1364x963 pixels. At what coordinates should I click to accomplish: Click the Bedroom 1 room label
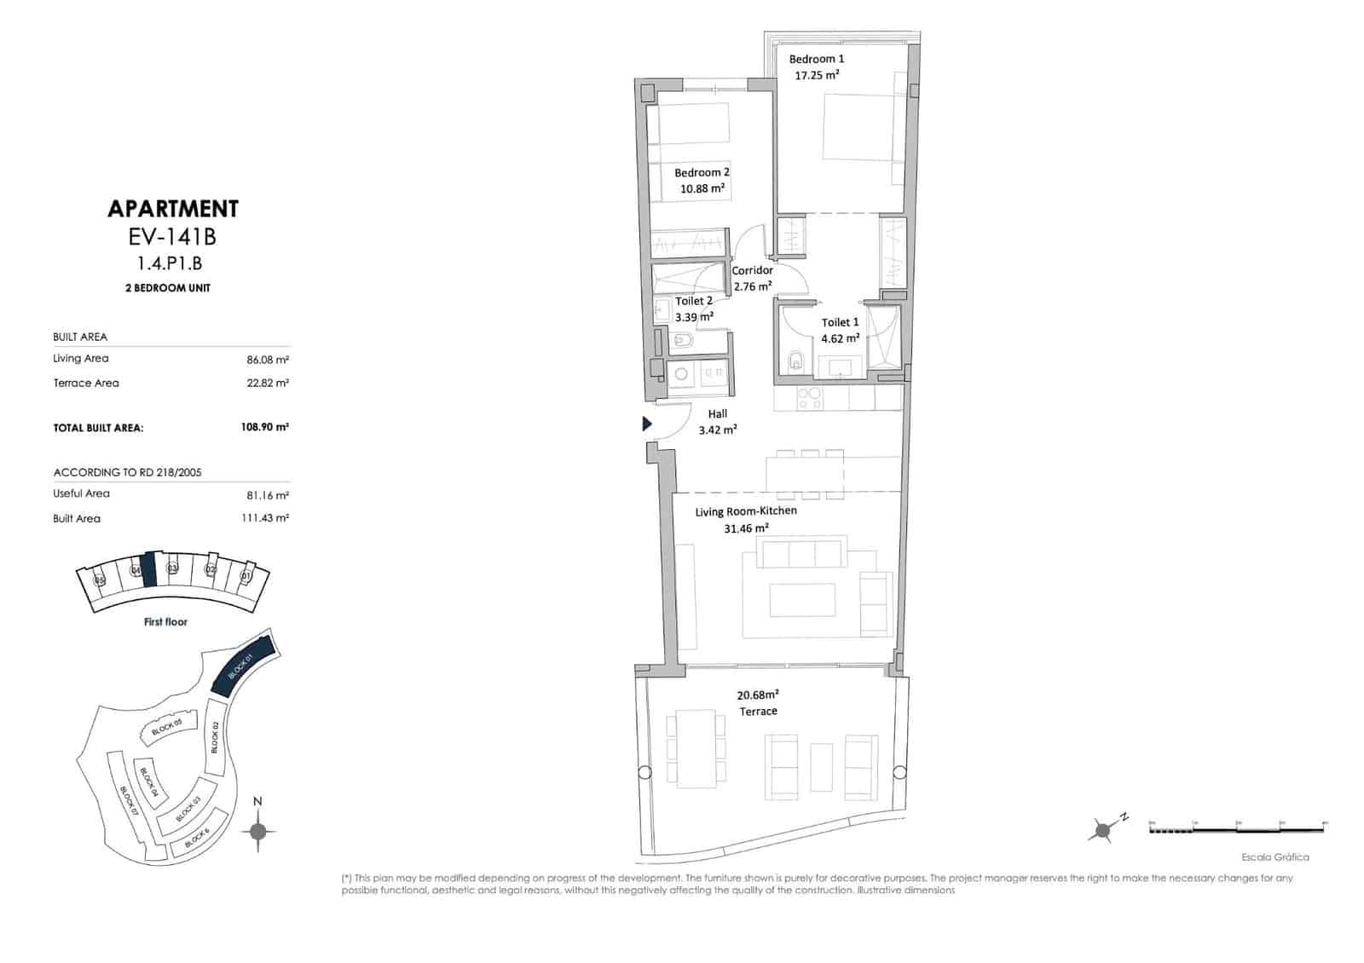[x=816, y=59]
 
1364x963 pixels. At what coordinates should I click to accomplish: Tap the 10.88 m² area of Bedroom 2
[x=702, y=188]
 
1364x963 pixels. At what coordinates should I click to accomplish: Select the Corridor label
[x=752, y=270]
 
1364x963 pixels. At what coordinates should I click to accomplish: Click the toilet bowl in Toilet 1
[x=795, y=362]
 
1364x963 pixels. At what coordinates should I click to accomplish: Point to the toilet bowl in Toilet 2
[x=683, y=343]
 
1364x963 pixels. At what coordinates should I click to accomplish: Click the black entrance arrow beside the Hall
[x=647, y=424]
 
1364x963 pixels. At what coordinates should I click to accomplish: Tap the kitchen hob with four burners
[x=808, y=398]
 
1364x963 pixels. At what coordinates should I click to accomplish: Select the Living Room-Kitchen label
[x=746, y=511]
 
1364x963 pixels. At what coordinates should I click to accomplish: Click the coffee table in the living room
[x=802, y=599]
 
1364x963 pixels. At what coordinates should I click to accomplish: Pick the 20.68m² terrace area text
[x=758, y=695]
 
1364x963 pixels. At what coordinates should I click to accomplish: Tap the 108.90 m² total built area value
[x=264, y=427]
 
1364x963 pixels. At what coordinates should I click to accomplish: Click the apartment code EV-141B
[x=173, y=236]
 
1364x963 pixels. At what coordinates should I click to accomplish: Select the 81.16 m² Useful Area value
[x=267, y=494]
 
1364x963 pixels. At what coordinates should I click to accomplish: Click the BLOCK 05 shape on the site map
[x=167, y=728]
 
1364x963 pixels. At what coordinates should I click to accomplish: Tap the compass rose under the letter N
[x=258, y=832]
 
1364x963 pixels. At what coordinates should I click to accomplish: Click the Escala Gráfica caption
[x=1274, y=857]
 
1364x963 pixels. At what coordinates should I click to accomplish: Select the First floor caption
[x=165, y=622]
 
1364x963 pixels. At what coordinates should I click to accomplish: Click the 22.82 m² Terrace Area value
[x=267, y=383]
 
